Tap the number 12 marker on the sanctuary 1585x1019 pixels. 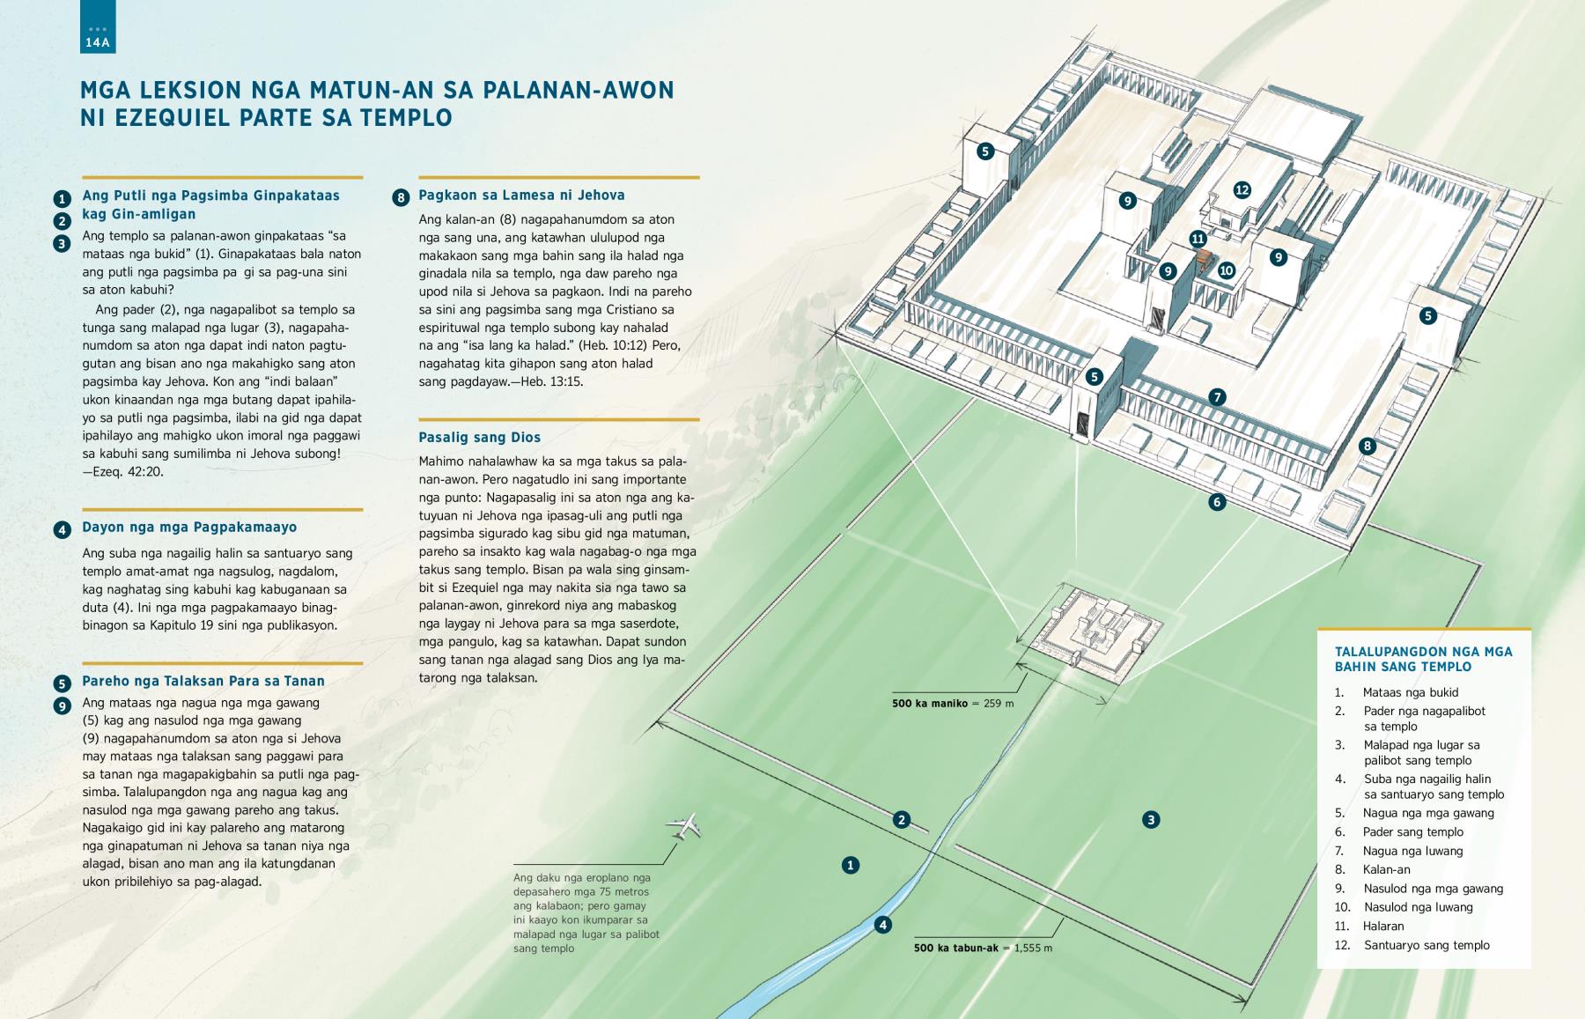coord(1242,189)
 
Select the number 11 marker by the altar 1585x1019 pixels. coord(1198,238)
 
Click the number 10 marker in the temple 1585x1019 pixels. coord(1227,270)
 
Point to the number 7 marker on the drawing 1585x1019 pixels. coord(1217,397)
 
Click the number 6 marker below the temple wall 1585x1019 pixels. coord(1217,502)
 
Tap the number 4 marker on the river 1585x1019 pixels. coord(882,925)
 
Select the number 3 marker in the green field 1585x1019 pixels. coord(1150,820)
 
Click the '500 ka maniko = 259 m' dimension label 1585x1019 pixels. coord(953,704)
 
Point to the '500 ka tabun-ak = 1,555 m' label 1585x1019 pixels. coord(983,949)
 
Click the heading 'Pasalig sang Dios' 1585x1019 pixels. coord(479,437)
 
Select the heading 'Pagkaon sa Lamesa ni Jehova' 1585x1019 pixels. coord(521,196)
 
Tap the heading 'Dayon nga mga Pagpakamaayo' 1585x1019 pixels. coord(189,528)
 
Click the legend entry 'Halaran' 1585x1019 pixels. coord(1383,926)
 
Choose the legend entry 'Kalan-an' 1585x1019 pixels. coord(1387,869)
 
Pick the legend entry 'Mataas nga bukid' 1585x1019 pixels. coord(1411,692)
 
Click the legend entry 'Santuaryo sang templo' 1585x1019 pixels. coord(1426,945)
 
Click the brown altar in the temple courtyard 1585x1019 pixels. coord(1205,261)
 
